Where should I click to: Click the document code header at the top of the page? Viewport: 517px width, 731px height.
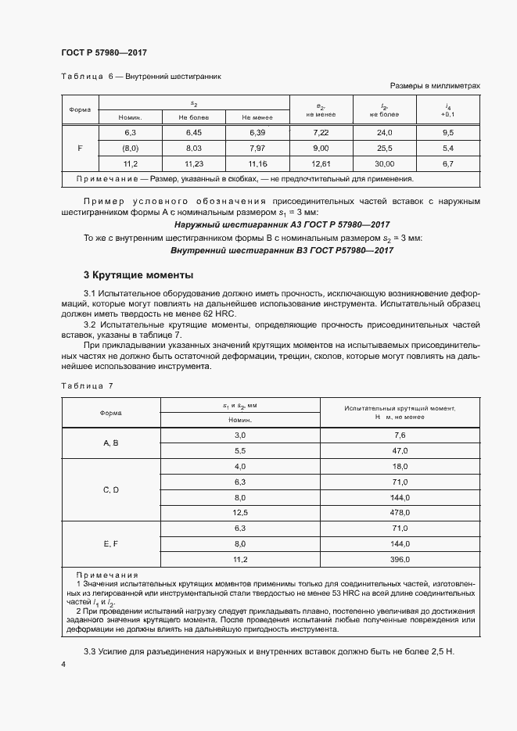point(103,52)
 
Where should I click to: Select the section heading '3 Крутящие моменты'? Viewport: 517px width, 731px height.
point(138,275)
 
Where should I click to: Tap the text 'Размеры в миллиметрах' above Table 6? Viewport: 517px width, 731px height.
point(434,86)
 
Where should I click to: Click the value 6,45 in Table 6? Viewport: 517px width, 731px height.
point(193,133)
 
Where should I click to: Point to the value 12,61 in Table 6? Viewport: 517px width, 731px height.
point(321,163)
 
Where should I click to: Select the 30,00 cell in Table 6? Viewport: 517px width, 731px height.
point(384,163)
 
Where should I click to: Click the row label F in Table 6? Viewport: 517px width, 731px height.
point(81,148)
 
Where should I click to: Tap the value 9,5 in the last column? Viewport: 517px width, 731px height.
point(448,133)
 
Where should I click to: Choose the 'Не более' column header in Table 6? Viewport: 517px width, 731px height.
point(193,116)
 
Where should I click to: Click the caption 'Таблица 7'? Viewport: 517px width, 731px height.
point(87,386)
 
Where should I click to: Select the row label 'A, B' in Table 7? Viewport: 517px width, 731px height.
point(111,443)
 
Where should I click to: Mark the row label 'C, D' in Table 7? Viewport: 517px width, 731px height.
point(111,489)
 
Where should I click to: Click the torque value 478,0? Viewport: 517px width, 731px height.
point(400,513)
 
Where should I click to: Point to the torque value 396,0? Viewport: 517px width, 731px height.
point(400,560)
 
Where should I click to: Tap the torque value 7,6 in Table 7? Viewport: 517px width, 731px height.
point(400,435)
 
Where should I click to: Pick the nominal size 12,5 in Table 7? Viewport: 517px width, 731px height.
point(240,513)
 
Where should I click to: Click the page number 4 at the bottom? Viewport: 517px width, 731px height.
point(63,664)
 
